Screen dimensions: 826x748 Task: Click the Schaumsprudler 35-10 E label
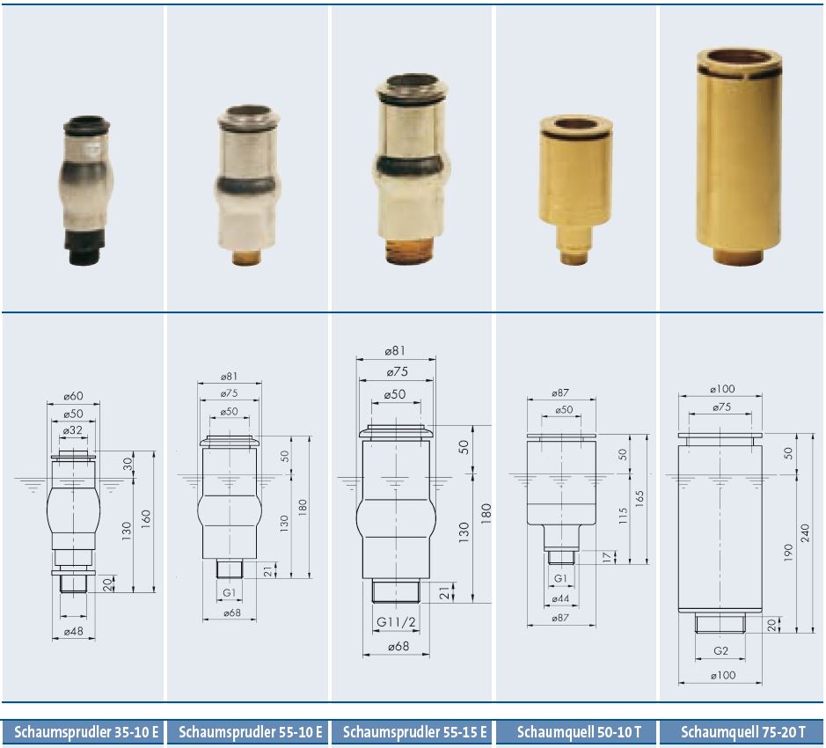[x=86, y=732]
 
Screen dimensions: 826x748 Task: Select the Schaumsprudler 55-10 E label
[x=250, y=732]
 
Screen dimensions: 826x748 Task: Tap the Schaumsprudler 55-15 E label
[x=414, y=732]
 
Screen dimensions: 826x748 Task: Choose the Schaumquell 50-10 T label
[x=579, y=732]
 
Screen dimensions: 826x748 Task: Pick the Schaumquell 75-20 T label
[x=742, y=732]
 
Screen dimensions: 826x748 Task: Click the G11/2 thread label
[x=396, y=622]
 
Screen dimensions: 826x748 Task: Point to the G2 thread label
[x=720, y=651]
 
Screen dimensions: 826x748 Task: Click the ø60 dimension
[x=73, y=396]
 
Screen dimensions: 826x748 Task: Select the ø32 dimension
[x=72, y=430]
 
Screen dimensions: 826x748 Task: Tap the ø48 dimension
[x=73, y=631]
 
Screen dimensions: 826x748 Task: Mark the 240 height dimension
[x=805, y=533]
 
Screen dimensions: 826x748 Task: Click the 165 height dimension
[x=640, y=499]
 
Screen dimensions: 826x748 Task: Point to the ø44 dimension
[x=560, y=598]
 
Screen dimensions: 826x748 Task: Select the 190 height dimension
[x=788, y=553]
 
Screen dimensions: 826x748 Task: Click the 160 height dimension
[x=146, y=518]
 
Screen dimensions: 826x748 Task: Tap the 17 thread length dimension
[x=607, y=557]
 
